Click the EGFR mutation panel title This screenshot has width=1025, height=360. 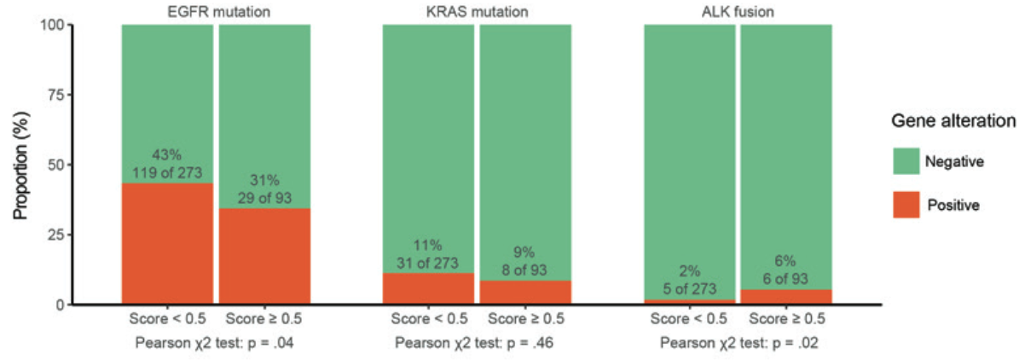point(216,12)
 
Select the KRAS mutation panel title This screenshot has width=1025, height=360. point(477,12)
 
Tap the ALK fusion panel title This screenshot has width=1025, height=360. point(738,12)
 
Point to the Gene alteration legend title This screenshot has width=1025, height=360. point(953,121)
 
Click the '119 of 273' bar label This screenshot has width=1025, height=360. point(167,174)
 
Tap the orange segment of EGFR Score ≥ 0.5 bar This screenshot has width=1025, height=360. point(264,256)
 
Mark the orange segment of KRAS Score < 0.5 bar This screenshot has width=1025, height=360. point(428,288)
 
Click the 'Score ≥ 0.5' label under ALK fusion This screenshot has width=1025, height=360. point(786,320)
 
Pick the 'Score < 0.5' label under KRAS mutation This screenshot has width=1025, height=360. point(428,320)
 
